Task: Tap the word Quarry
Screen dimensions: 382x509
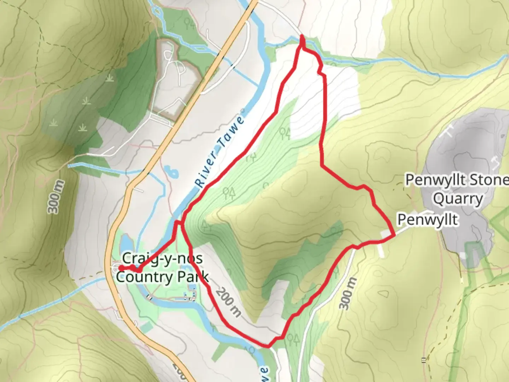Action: click(x=458, y=199)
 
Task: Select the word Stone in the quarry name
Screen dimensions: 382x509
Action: click(x=489, y=180)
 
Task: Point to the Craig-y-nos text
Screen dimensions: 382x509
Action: click(x=162, y=259)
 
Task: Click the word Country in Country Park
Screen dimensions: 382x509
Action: click(x=144, y=277)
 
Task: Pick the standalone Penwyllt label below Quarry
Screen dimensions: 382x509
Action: click(x=428, y=220)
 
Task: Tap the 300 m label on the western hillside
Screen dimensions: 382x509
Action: click(x=57, y=197)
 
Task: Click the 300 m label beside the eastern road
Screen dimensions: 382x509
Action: click(x=348, y=293)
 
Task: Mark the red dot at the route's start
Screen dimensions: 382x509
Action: click(x=121, y=268)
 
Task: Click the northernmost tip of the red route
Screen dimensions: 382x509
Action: click(x=302, y=36)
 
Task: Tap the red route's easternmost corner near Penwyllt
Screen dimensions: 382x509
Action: click(x=394, y=235)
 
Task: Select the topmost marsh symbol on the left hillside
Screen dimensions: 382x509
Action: click(x=110, y=79)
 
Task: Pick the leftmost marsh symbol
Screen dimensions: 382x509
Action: click(x=53, y=123)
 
